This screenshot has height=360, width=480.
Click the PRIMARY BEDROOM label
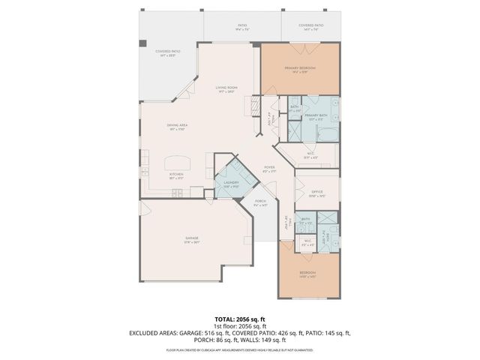click(299, 70)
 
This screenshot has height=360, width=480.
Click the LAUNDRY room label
click(230, 184)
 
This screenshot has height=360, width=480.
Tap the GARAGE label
click(192, 240)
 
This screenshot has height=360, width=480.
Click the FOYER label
click(268, 169)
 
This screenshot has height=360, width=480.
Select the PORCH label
click(261, 202)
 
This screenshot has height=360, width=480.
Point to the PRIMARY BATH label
click(313, 117)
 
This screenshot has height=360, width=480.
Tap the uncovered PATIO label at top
click(242, 27)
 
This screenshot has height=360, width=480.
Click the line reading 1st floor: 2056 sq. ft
click(240, 325)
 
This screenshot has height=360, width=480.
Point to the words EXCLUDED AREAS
click(154, 332)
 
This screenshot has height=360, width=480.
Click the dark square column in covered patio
click(142, 43)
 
